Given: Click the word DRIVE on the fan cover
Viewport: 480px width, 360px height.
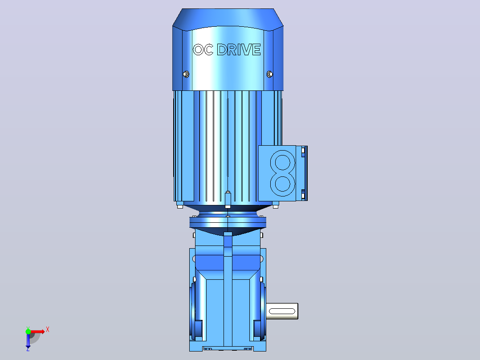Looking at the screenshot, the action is tap(239, 49).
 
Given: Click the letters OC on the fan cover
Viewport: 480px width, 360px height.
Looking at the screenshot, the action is tap(203, 49).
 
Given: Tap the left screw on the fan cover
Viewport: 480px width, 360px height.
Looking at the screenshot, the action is tap(186, 74).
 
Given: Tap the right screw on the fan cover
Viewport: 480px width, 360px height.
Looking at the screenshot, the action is tap(270, 74).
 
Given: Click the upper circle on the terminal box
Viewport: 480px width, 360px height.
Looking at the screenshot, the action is tap(283, 162).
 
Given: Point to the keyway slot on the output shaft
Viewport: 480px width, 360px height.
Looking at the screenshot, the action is tap(281, 311).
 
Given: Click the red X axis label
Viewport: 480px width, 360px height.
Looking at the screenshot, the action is tap(48, 330).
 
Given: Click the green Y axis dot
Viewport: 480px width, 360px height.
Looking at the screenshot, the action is tap(28, 331).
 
